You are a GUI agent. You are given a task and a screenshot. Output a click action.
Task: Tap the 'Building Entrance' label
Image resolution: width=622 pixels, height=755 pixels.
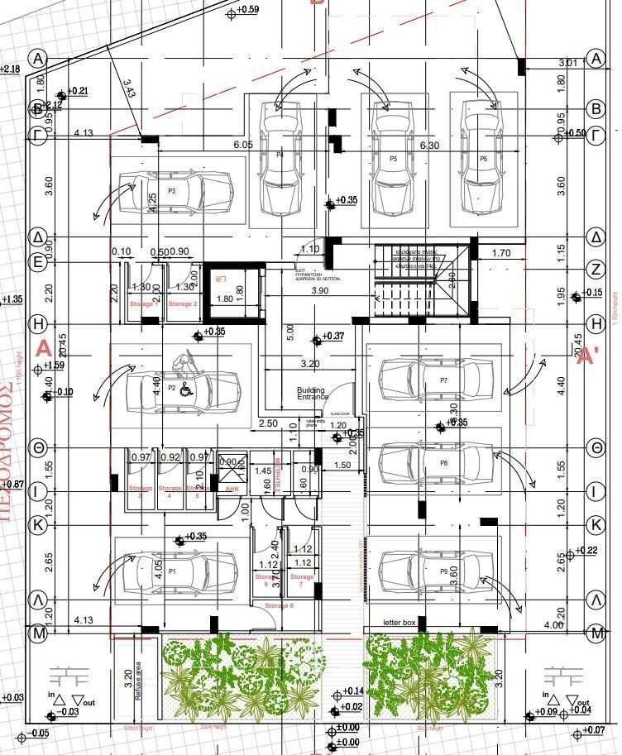(x=312, y=394)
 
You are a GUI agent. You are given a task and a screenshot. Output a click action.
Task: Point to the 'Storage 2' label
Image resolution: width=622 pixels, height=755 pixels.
(x=183, y=304)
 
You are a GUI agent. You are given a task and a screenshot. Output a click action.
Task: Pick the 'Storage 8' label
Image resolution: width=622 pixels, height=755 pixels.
(x=279, y=607)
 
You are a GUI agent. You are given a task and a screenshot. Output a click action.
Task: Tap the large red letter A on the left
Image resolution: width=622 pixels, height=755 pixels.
(x=43, y=349)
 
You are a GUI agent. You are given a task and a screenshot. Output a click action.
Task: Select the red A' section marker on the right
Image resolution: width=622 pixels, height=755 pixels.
(x=587, y=356)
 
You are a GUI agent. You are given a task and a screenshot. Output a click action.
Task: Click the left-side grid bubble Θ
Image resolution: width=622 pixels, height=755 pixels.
(x=37, y=447)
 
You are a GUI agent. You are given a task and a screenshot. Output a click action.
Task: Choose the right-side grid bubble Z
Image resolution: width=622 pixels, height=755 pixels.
(x=595, y=268)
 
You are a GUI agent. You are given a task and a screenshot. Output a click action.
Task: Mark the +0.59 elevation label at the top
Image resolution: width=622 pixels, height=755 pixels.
(x=246, y=10)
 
